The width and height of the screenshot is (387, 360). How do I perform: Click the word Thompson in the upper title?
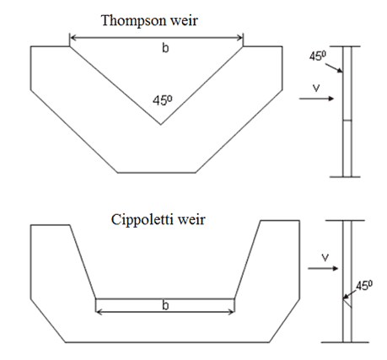(133, 21)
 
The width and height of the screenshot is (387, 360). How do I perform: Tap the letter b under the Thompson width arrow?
(165, 48)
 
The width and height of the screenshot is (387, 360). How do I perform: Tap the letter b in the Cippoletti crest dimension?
(165, 305)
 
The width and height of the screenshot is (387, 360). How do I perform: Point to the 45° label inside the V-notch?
(163, 100)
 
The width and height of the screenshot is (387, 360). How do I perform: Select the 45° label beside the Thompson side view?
(318, 56)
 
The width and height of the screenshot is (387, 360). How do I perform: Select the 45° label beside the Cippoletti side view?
(364, 286)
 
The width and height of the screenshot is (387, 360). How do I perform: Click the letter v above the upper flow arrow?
(316, 89)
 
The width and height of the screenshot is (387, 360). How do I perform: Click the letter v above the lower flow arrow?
(325, 258)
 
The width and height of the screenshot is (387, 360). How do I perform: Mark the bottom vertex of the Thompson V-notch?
(160, 124)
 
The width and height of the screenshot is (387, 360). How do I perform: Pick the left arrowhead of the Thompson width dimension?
(73, 37)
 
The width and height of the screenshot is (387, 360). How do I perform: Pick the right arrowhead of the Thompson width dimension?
(240, 37)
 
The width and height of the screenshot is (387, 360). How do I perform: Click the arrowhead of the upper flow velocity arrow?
(332, 99)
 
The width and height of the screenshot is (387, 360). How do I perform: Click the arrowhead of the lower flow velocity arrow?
(336, 268)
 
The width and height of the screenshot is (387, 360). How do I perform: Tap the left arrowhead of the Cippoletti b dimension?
(99, 312)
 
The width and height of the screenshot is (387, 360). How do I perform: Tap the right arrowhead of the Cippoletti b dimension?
(232, 312)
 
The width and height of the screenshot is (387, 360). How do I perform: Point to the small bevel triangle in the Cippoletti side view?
(347, 303)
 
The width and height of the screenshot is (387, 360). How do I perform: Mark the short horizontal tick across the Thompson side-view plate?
(347, 121)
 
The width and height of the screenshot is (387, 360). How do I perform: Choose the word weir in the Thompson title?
(184, 21)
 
